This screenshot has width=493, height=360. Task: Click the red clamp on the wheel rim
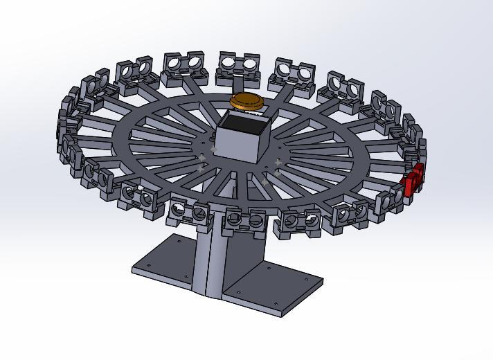(x=413, y=181)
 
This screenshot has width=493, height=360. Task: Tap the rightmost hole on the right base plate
(x=308, y=279)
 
